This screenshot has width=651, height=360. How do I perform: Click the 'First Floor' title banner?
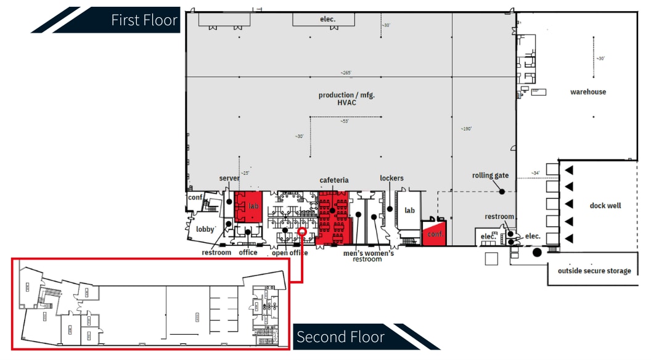144,20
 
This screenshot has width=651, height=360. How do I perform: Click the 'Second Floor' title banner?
340,337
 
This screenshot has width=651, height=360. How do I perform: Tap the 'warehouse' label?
588,92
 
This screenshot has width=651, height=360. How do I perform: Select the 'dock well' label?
605,206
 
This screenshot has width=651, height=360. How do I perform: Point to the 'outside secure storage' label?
594,271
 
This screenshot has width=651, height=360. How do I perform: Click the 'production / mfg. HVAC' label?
346,99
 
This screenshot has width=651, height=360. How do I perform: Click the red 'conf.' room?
435,235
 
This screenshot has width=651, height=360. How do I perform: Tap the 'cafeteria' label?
334,181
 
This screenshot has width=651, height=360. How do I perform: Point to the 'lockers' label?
391,178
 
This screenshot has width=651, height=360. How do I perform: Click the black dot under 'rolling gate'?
502,192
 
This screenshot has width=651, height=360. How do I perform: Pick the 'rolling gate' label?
490,175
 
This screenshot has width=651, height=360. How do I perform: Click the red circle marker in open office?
302,231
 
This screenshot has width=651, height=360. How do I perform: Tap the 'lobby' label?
205,229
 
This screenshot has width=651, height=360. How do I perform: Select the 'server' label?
229,178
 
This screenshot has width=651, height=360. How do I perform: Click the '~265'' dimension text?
345,73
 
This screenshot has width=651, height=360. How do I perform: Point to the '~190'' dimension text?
465,129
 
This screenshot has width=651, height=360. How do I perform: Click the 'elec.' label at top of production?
327,19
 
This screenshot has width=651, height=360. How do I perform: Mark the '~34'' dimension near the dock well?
536,173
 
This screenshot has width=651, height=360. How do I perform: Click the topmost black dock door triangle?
570,170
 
